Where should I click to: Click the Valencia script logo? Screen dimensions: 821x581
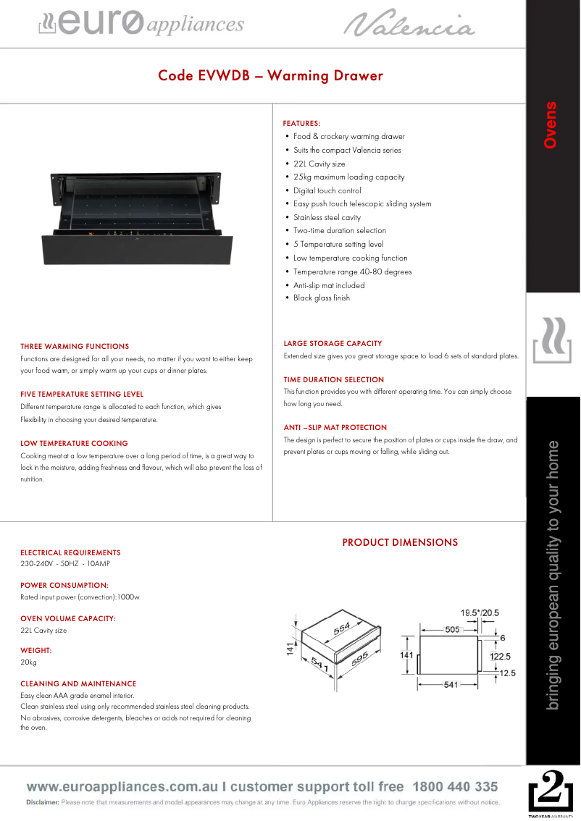pos(409,24)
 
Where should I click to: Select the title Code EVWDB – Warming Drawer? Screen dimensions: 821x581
pos(270,76)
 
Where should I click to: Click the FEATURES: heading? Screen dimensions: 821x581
pos(301,124)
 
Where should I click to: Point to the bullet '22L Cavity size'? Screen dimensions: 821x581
pos(319,164)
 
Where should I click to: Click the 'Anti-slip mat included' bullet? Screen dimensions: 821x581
pos(329,285)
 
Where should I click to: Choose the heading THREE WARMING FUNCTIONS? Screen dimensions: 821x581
pos(75,347)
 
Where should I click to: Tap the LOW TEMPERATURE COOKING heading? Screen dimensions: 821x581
pos(74,443)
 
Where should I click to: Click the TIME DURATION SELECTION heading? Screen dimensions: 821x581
pos(334,379)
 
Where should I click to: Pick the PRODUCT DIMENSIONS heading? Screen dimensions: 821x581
pos(400,542)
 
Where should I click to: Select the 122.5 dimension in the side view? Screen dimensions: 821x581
pos(501,657)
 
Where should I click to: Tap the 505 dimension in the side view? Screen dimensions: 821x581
pos(452,630)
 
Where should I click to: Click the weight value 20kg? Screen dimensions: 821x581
pos(28,662)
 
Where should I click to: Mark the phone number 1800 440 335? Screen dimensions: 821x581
pos(455,787)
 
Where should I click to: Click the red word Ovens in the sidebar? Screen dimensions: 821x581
pos(551,125)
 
